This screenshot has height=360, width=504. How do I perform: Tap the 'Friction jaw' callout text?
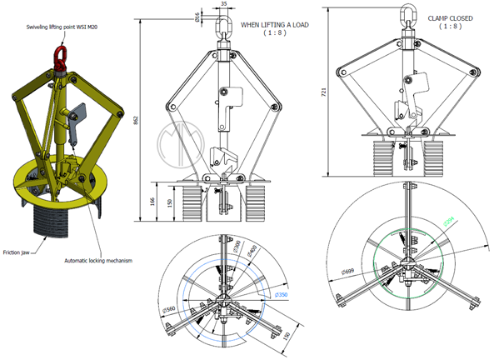click(19, 252)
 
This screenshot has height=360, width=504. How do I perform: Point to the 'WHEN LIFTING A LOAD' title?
click(274, 25)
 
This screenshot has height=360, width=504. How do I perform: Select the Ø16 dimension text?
click(197, 16)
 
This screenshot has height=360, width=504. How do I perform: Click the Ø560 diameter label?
click(172, 311)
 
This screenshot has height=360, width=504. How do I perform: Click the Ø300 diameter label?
click(237, 247)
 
